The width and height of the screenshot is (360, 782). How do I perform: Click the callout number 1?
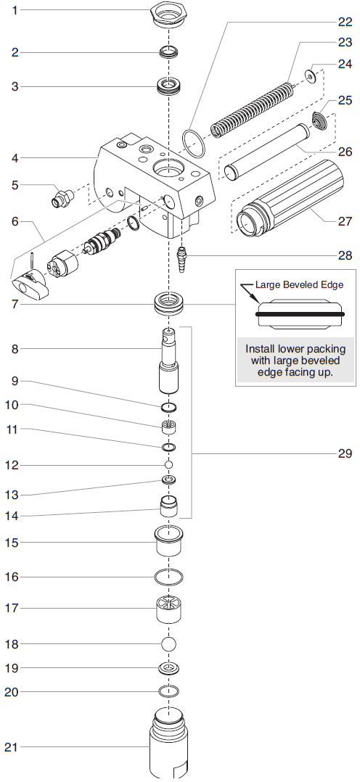[14, 10]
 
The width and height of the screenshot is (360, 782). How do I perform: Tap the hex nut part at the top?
[168, 15]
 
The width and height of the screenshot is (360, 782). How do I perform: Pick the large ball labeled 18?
[168, 643]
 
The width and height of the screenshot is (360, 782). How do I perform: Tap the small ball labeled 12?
[168, 464]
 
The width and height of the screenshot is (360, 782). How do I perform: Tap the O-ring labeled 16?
[168, 577]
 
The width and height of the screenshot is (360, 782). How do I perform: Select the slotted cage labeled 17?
[168, 608]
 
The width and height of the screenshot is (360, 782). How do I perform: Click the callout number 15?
[14, 542]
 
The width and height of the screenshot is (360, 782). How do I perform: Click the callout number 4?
[14, 157]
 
